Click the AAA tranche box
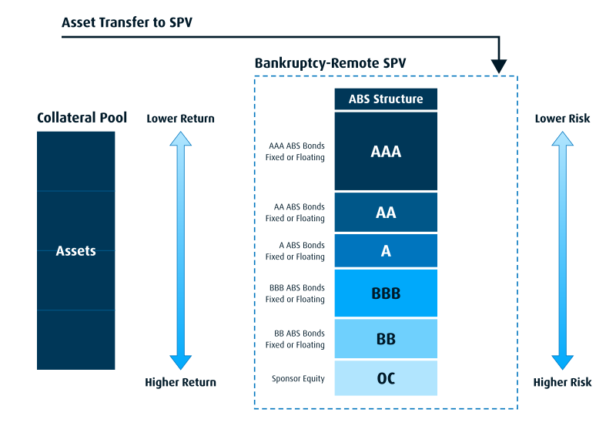click(386, 151)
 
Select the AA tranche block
click(386, 213)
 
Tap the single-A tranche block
click(386, 251)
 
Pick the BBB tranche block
click(386, 293)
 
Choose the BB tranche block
click(386, 338)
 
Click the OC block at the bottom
click(386, 378)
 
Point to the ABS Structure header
click(386, 99)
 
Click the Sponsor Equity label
click(298, 378)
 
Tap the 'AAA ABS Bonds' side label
click(296, 146)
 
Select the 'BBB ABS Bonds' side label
click(297, 288)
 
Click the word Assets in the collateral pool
click(75, 251)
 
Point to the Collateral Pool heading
click(82, 118)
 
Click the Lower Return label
click(180, 119)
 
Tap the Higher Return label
click(180, 382)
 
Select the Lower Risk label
click(562, 119)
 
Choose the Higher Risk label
click(562, 382)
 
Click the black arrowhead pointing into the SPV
click(499, 66)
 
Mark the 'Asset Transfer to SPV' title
click(127, 22)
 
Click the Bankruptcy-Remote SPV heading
click(330, 63)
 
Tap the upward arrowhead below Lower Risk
click(562, 139)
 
